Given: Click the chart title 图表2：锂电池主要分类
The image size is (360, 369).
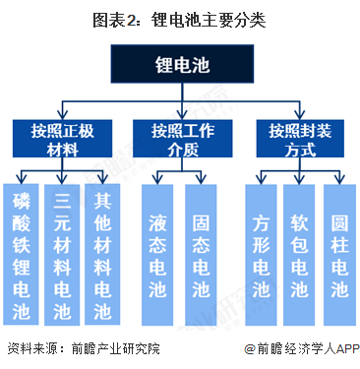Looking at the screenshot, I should (180, 19).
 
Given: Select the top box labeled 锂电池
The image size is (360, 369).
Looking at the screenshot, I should (180, 65).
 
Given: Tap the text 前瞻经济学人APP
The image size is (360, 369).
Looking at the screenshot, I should (307, 349).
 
